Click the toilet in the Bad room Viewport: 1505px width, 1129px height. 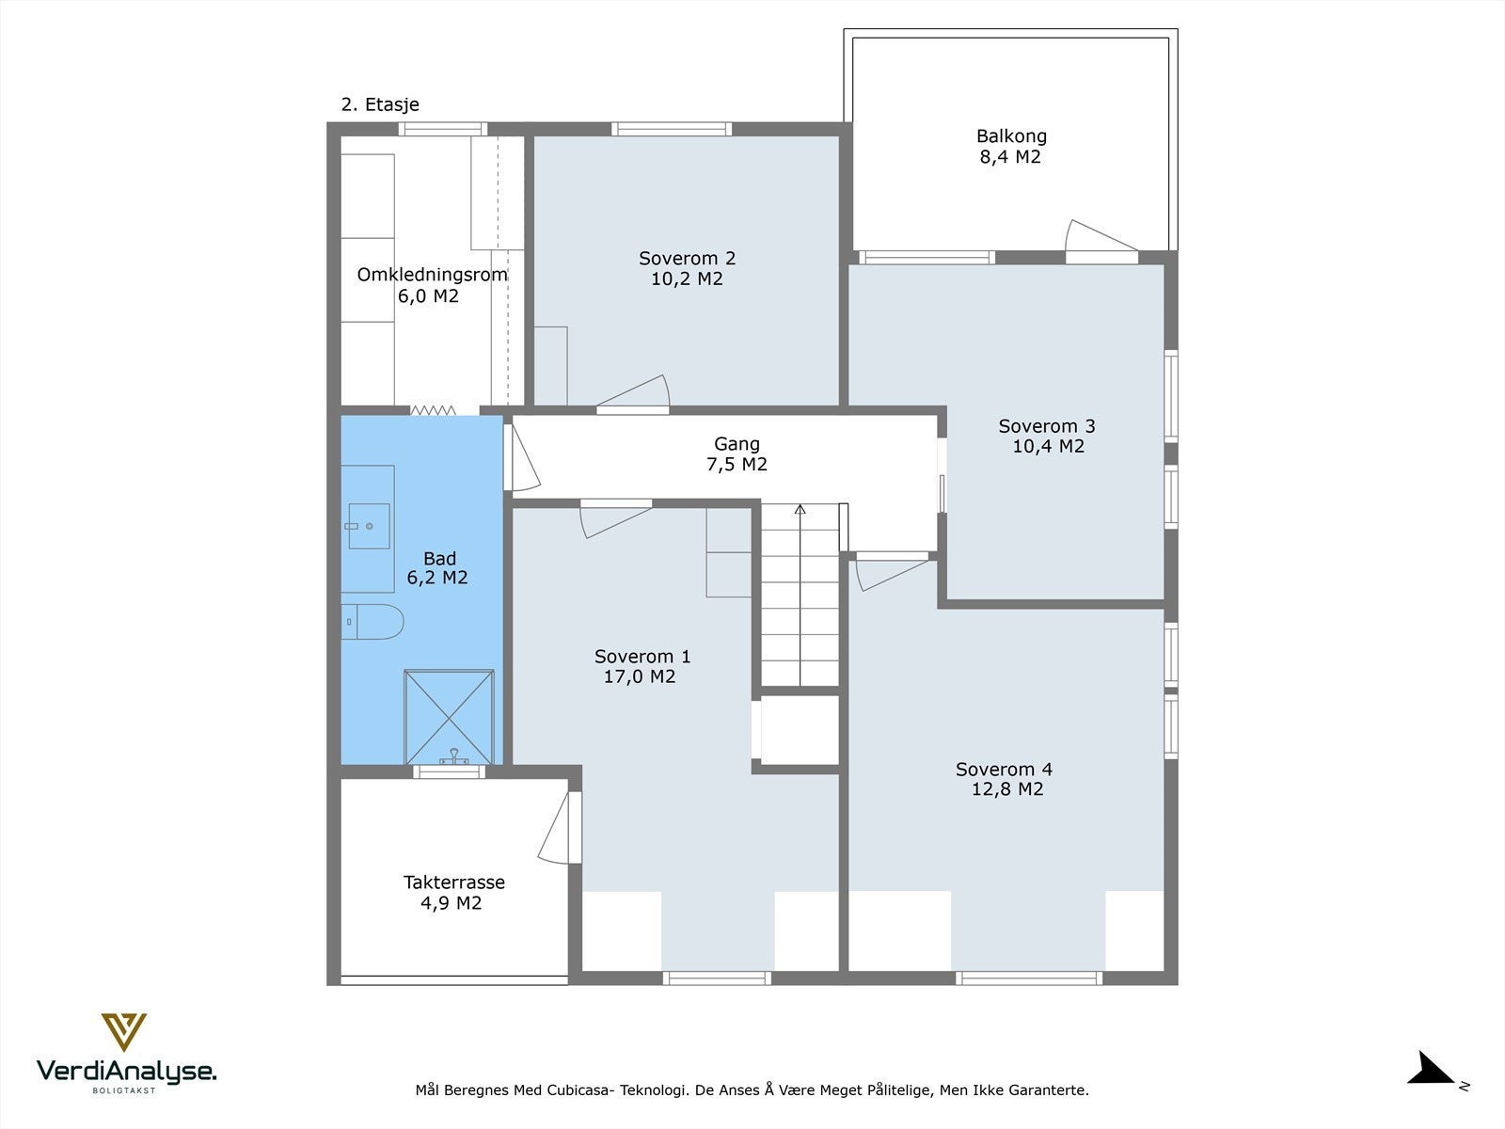(x=372, y=622)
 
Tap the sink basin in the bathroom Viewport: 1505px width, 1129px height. (x=369, y=526)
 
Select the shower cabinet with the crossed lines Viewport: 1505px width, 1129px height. (x=449, y=716)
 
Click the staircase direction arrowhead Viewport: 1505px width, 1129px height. (x=800, y=509)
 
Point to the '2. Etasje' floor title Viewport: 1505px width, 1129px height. (x=380, y=104)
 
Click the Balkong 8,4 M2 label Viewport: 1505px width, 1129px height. (x=1011, y=146)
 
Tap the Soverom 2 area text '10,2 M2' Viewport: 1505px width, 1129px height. (x=687, y=279)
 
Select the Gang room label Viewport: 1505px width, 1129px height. (x=737, y=444)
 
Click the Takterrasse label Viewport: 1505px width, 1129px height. (x=454, y=883)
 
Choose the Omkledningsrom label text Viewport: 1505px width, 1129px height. (x=432, y=275)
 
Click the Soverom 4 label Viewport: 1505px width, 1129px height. (x=1004, y=769)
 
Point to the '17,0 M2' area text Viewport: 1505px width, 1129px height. (x=639, y=676)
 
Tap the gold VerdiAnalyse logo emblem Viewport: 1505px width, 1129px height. (x=124, y=1032)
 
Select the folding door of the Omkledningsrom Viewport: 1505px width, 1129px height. (x=433, y=410)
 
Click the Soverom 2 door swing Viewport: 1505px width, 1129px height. (x=633, y=393)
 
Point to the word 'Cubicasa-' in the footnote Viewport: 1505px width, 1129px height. (x=580, y=1089)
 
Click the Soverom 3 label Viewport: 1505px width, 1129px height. (x=1046, y=426)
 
